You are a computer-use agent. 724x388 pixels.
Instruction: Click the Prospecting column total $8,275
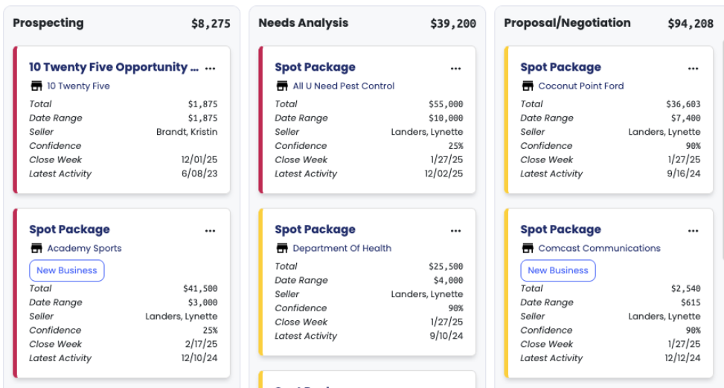(211, 24)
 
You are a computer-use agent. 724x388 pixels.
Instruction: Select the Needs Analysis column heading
(303, 23)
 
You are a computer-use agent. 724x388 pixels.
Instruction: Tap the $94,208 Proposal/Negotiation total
(691, 24)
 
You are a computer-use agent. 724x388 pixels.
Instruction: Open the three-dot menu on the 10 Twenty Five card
(211, 68)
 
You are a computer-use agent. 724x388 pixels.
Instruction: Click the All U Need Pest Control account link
(343, 86)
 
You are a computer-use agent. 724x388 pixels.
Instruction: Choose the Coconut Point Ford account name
(580, 86)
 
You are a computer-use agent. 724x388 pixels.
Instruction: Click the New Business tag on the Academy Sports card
(67, 270)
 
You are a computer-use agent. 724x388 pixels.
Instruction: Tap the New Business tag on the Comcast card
(558, 270)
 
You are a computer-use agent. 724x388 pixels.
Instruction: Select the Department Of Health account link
(342, 248)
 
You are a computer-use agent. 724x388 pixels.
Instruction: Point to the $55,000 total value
(446, 104)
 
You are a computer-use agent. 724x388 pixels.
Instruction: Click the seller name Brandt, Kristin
(187, 132)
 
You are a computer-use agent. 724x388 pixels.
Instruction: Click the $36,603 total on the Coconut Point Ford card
(683, 104)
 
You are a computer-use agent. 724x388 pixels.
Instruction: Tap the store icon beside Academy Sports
(36, 248)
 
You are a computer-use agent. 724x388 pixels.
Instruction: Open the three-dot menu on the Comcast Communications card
(693, 230)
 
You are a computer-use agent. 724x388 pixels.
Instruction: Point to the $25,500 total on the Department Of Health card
(446, 267)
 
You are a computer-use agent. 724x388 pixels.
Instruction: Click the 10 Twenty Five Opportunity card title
(114, 67)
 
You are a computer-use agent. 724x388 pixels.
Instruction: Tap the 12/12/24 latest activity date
(682, 358)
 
